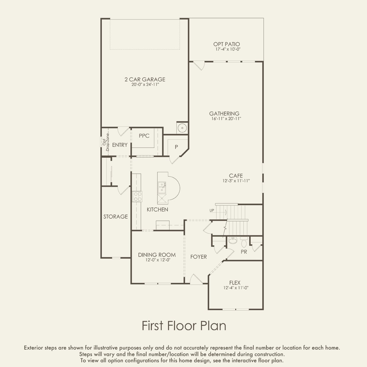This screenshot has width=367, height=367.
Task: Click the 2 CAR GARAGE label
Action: pos(145,79)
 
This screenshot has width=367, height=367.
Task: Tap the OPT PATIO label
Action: pos(226,44)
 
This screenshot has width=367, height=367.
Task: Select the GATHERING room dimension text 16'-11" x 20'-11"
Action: pos(226,118)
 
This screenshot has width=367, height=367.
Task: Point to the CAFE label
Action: pos(236,176)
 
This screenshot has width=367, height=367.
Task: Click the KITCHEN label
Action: pos(157,210)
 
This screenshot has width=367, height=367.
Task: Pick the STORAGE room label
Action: pos(115,217)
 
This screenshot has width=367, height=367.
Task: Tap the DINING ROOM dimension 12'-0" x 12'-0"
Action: pos(158,260)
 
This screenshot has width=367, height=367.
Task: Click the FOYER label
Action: pos(199,257)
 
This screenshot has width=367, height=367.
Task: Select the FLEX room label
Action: pos(235,283)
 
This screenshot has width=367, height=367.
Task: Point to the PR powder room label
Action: pos(244,252)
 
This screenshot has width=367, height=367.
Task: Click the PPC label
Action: pos(144,136)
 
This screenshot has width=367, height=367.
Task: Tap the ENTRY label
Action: pos(120,145)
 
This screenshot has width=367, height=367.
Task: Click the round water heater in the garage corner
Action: pos(182,128)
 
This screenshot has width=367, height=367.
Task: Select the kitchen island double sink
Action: pos(162,187)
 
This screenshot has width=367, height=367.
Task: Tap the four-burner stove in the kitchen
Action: pos(137,197)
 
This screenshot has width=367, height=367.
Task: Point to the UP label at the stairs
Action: pos(212,210)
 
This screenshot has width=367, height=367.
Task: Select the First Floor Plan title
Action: pos(184,326)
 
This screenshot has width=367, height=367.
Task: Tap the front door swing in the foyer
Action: pos(196,279)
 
